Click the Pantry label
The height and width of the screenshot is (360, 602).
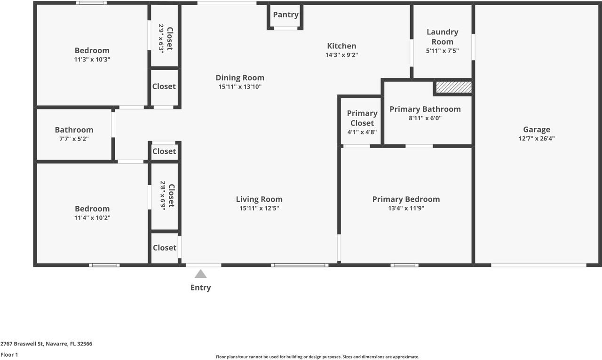285,15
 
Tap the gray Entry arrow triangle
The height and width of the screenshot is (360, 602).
201,274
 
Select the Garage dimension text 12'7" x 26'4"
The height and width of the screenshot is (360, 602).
536,139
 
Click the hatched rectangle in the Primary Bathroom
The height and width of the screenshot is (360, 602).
453,87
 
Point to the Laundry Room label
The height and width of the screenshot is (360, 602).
442,37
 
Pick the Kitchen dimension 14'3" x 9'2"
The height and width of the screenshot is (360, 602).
341,55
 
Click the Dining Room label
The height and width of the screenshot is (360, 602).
240,78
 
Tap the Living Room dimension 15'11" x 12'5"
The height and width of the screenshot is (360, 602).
259,208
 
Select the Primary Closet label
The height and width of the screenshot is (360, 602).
362,118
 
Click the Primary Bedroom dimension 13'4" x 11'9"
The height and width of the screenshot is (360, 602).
406,208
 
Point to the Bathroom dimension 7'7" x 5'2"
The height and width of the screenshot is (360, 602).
74,139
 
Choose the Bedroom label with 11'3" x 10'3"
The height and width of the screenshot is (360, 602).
92,50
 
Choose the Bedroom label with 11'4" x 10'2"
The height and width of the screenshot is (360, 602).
92,209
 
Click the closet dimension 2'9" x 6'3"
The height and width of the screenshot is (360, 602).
161,37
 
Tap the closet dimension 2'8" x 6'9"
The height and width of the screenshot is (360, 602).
163,196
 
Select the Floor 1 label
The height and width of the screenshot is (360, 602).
9,355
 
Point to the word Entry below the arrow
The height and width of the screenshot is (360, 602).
201,288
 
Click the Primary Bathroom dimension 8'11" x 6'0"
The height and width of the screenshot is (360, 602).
425,118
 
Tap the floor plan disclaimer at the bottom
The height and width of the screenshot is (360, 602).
317,357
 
